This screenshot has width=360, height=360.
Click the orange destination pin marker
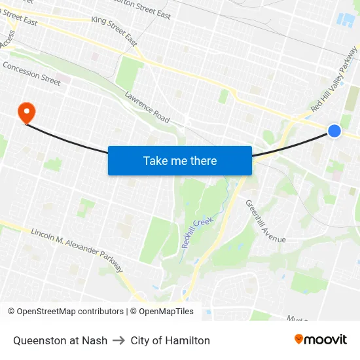(27, 112)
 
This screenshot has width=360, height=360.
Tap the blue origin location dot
(334, 131)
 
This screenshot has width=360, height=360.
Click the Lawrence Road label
(147, 107)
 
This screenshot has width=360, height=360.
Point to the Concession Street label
(31, 73)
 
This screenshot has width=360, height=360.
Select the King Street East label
(115, 31)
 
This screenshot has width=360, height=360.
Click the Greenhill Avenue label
(266, 221)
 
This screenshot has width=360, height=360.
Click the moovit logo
(320, 339)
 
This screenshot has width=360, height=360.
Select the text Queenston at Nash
(60, 340)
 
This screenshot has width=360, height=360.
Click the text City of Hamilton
(170, 340)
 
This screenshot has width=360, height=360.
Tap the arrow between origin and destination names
(118, 340)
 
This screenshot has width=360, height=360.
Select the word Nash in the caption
(96, 340)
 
